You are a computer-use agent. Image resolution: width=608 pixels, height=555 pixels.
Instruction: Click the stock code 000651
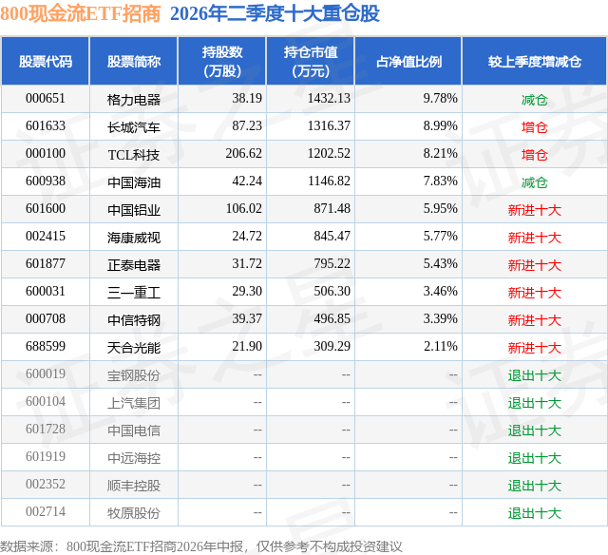point(46,99)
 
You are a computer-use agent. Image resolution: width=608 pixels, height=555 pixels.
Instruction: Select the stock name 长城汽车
point(134,127)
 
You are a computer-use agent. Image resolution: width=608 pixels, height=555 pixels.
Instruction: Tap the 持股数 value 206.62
point(244,154)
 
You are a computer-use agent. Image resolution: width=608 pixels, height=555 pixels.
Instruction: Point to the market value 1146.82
point(329,182)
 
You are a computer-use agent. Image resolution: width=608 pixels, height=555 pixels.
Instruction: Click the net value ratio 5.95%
point(441,209)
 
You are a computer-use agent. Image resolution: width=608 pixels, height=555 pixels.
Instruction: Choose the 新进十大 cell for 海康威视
point(535,238)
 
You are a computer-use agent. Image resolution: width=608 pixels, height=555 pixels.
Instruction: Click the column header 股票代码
point(46,61)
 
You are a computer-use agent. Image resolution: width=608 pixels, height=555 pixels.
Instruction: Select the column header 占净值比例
point(408,61)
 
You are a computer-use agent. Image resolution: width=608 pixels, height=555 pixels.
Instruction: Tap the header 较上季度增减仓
point(535,61)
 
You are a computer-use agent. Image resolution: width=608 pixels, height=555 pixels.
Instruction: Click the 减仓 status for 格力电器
point(535,100)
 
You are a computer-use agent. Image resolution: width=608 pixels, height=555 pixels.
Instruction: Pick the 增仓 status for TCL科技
point(535,155)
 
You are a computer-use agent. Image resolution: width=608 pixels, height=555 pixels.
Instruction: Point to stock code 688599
point(46,346)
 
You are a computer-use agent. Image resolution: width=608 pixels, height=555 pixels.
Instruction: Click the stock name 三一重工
point(134,293)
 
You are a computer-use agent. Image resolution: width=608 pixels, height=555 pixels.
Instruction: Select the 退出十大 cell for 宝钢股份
point(535,375)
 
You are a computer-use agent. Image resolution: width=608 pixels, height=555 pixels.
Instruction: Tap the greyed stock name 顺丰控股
point(134,486)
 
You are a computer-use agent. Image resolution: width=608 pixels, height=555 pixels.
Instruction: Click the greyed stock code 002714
point(46,511)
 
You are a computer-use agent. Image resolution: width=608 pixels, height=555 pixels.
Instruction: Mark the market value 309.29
point(332,346)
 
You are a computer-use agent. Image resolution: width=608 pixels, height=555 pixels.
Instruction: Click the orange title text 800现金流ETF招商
point(80,13)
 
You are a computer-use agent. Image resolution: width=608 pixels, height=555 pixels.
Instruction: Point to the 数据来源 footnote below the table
point(201,546)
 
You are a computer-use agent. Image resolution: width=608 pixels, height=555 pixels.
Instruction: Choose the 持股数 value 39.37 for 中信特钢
point(247,318)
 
